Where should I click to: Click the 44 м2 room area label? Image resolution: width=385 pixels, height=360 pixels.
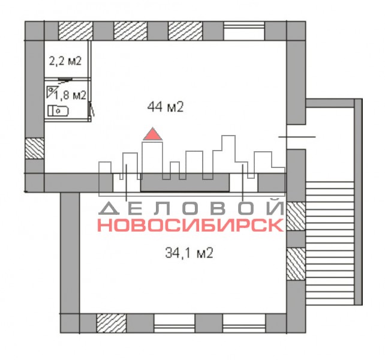click(166, 107)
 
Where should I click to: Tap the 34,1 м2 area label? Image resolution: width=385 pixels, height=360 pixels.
click(189, 253)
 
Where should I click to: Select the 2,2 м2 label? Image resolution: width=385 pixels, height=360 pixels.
click(65, 61)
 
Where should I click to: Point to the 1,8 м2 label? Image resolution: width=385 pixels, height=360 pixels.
click(71, 95)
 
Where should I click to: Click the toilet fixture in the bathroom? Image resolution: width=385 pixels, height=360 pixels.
click(58, 111)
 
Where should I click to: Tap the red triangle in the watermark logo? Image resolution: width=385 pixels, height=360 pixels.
click(153, 134)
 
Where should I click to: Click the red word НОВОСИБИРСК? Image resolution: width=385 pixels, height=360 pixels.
click(191, 225)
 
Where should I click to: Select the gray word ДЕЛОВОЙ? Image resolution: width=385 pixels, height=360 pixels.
click(191, 208)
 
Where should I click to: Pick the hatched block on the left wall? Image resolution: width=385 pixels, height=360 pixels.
click(35, 149)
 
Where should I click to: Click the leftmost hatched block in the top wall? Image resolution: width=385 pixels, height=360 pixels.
click(76, 31)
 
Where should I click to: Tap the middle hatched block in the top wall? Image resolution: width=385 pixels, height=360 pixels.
click(130, 31)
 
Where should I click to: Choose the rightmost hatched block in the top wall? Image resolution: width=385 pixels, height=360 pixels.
click(185, 31)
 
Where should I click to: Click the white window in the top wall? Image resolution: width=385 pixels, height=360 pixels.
click(244, 31)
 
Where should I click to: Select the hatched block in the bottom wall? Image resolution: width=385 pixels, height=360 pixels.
click(111, 323)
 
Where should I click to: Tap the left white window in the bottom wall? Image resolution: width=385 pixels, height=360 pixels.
click(175, 323)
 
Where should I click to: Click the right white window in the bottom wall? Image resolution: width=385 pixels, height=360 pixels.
click(244, 323)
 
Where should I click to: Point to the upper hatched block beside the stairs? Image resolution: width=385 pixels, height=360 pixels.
click(296, 216)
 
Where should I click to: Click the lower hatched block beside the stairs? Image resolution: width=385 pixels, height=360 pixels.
click(296, 264)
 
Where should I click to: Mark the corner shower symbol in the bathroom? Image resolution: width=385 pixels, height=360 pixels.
click(50, 92)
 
